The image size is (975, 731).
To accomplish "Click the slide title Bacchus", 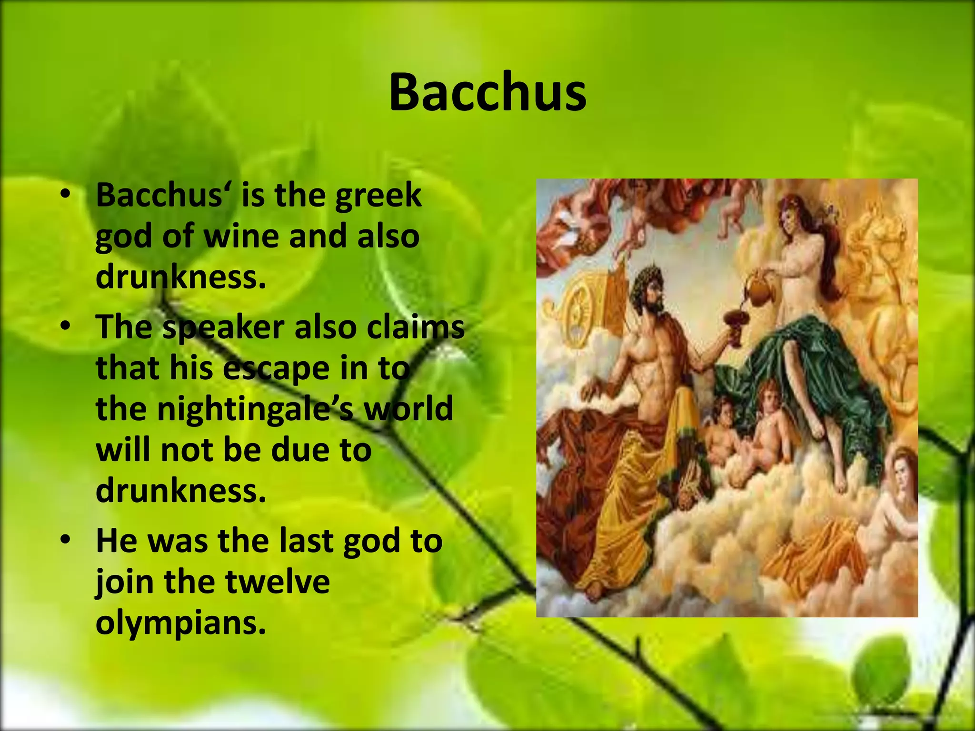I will point(487,92).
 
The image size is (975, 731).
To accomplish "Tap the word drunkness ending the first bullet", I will point(180,277).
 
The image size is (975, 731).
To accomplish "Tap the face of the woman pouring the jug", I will point(791,220).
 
